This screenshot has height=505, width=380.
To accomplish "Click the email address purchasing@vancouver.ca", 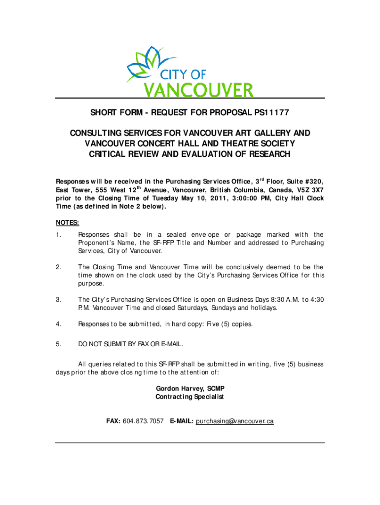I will click(235, 421).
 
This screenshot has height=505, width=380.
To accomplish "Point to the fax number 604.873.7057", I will click(143, 421).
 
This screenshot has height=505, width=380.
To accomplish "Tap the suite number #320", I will click(313, 181).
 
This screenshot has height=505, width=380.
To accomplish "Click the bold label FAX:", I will click(114, 421).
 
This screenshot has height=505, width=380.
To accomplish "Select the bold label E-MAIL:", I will click(182, 421).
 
